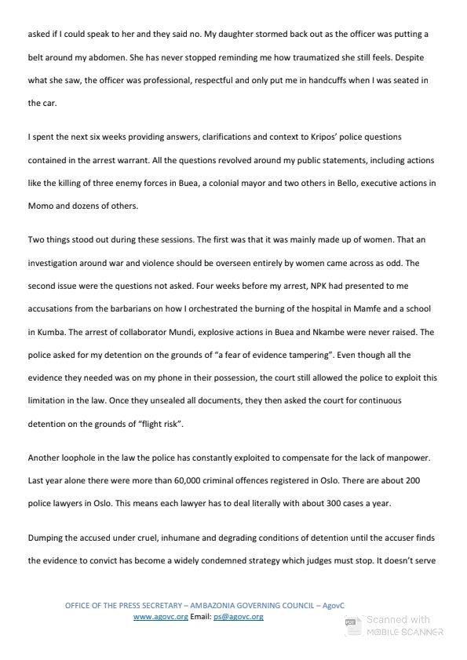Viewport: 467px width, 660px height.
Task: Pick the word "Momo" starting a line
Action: [x=40, y=205]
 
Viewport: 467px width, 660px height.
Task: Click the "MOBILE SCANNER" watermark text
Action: [x=407, y=633]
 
